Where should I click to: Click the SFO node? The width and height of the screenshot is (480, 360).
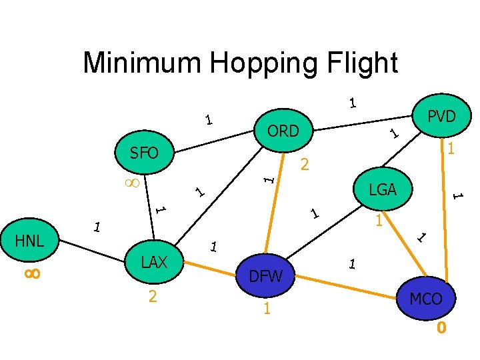[x=144, y=154]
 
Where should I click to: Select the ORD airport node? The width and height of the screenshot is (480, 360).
[x=283, y=131]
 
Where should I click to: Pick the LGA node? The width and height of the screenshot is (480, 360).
[x=383, y=190]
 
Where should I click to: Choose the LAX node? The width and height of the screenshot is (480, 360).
[x=154, y=263]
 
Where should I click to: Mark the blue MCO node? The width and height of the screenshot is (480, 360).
[x=426, y=299]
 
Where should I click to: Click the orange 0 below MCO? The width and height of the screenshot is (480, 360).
[x=441, y=327]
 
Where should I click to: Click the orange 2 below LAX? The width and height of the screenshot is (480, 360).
[x=153, y=297]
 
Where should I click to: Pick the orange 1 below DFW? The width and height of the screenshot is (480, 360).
[x=266, y=309]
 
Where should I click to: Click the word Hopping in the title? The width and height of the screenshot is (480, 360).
[x=257, y=63]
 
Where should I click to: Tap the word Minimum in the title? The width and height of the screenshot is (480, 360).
[x=142, y=63]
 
